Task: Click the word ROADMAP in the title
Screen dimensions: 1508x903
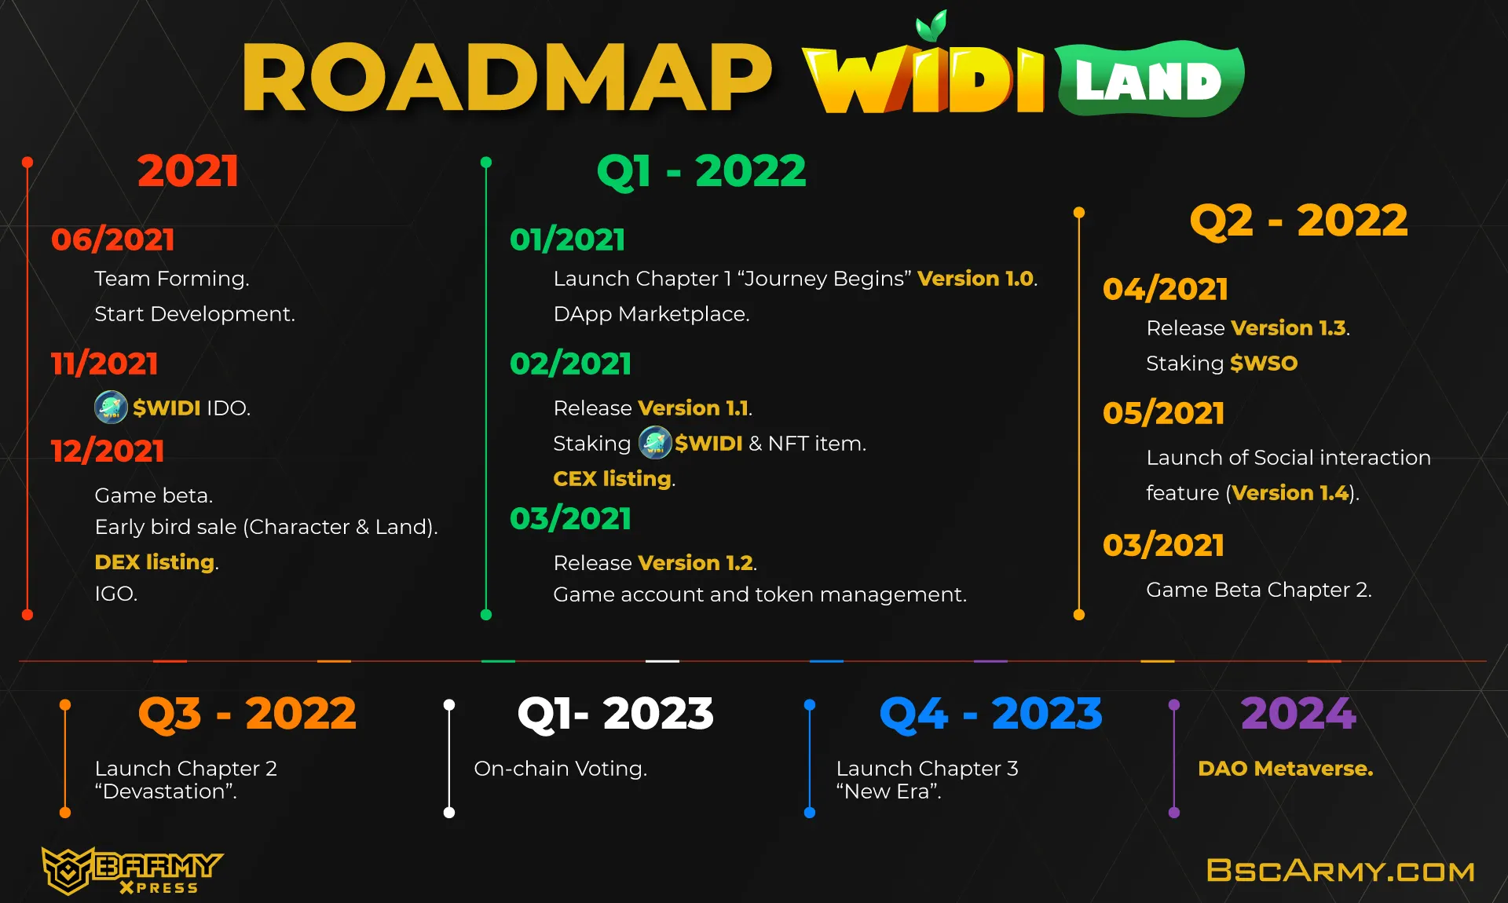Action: click(507, 77)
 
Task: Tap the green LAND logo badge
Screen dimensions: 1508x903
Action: click(1149, 79)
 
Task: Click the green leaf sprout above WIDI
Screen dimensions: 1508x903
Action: click(932, 26)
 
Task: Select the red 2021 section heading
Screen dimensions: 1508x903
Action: click(188, 170)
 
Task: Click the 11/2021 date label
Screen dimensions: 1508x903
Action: click(104, 364)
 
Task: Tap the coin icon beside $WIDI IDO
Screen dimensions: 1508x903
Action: click(111, 408)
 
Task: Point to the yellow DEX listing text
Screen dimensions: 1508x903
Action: click(155, 562)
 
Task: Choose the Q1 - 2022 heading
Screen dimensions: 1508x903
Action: click(701, 170)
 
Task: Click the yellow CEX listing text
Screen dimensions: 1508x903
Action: click(613, 478)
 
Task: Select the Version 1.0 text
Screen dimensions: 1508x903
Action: click(975, 279)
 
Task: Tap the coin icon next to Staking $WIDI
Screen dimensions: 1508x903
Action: click(655, 443)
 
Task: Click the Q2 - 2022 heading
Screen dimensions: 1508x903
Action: click(1298, 221)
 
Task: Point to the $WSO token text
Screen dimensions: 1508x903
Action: click(1264, 363)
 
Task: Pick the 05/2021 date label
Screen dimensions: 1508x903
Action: click(1163, 413)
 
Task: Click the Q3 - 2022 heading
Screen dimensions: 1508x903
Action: click(247, 714)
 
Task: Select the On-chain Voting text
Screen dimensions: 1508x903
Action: click(560, 769)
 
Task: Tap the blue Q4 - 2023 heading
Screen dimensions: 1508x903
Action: click(990, 714)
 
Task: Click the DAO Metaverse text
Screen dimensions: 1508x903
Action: click(1286, 769)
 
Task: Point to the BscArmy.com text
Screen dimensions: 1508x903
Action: click(1341, 871)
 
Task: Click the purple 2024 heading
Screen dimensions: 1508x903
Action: click(1298, 714)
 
